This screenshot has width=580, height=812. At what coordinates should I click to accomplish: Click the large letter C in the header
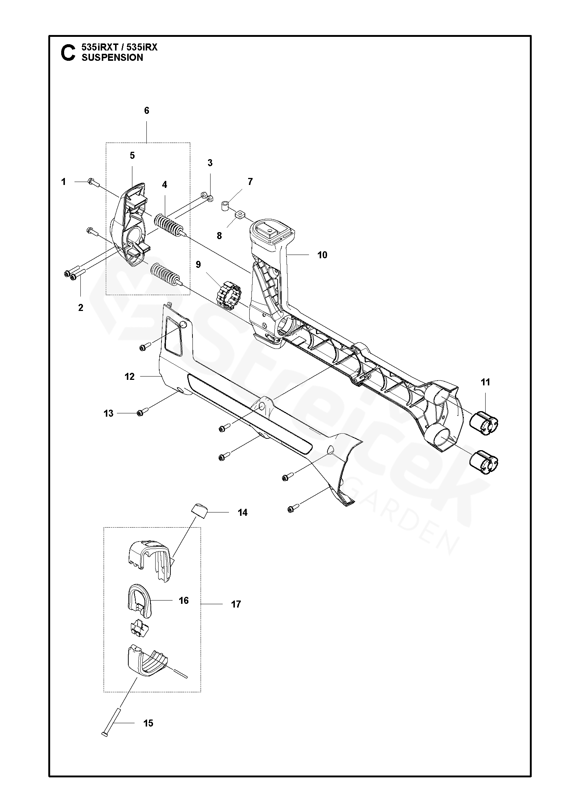[x=67, y=53]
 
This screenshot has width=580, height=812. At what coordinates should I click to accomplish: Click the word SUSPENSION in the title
[x=112, y=57]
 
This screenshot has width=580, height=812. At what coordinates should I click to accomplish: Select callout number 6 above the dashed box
[x=146, y=111]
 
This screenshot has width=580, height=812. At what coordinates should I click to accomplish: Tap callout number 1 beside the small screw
[x=63, y=182]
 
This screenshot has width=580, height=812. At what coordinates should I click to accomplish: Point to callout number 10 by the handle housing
[x=322, y=255]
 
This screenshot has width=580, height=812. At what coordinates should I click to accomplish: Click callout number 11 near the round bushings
[x=486, y=382]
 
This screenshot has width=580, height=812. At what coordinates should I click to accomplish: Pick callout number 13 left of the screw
[x=108, y=414]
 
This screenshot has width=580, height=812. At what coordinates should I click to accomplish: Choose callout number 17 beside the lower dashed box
[x=236, y=604]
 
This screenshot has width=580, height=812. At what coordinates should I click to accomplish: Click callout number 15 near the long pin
[x=148, y=723]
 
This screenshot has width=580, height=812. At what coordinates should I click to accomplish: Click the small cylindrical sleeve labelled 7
[x=226, y=205]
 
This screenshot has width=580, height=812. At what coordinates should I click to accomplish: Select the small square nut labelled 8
[x=240, y=214]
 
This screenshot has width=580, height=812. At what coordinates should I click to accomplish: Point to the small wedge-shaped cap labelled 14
[x=200, y=511]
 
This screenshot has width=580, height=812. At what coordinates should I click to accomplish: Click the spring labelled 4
[x=168, y=226]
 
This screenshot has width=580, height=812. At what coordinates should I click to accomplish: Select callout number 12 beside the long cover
[x=129, y=377]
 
